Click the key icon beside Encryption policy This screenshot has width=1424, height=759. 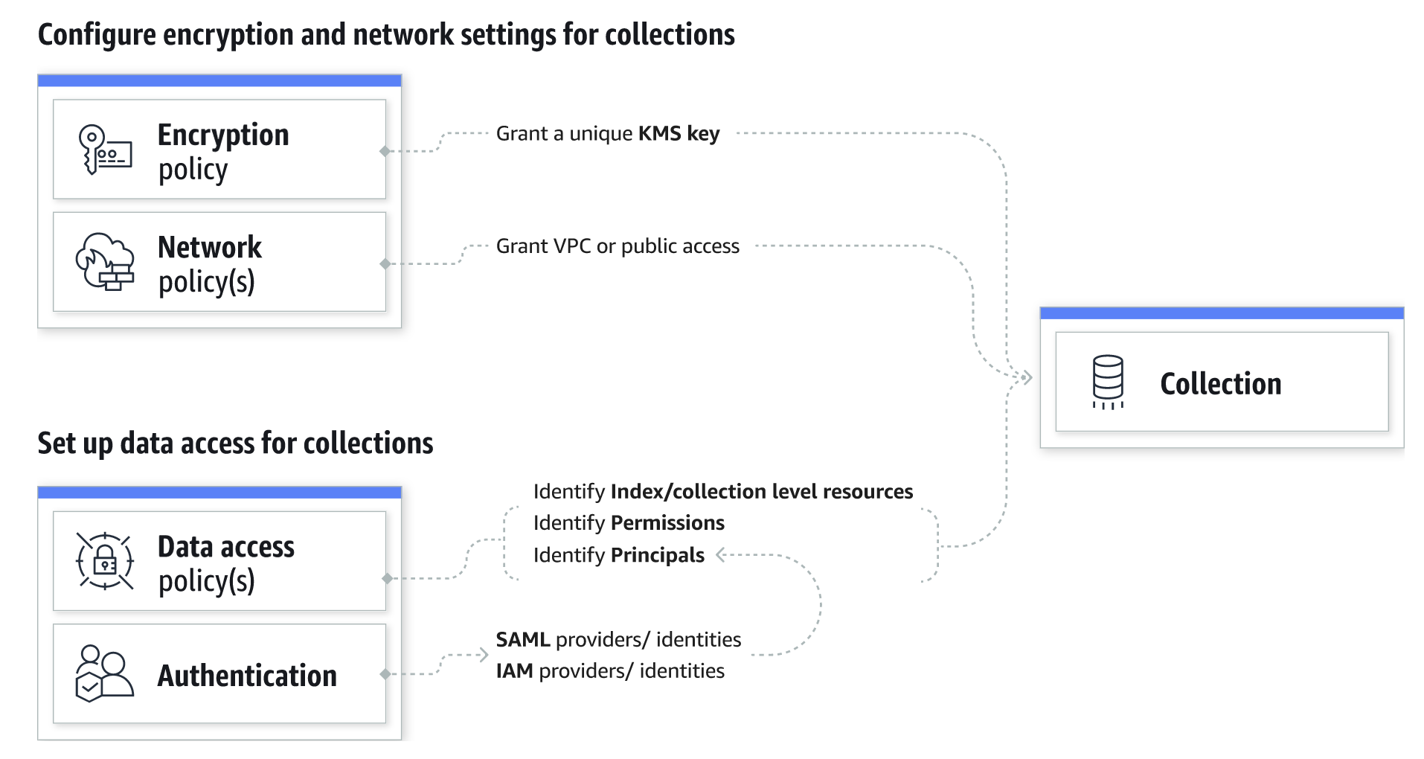[x=104, y=150]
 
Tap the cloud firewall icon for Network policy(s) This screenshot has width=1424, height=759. [x=105, y=262]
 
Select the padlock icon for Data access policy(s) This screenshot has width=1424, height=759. [x=105, y=562]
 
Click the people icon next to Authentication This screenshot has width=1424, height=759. [x=104, y=673]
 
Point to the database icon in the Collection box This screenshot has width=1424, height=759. [x=1107, y=382]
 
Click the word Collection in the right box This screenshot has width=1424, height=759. [x=1220, y=384]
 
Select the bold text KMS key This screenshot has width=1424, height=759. [x=679, y=134]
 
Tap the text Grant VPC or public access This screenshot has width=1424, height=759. [x=618, y=246]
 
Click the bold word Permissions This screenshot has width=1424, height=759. [x=667, y=523]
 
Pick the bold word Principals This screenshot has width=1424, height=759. [x=657, y=555]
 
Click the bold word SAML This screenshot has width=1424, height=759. [x=522, y=640]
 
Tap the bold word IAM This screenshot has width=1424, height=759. [x=514, y=671]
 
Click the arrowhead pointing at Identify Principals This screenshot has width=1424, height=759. [x=720, y=554]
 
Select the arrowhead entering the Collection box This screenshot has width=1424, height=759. [x=1027, y=378]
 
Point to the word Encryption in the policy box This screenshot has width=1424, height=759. [x=223, y=135]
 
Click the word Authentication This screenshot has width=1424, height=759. [x=247, y=676]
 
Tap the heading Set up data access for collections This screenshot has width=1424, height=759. [x=235, y=443]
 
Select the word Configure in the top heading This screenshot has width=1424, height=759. [x=97, y=35]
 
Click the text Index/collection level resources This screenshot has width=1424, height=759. [x=761, y=492]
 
